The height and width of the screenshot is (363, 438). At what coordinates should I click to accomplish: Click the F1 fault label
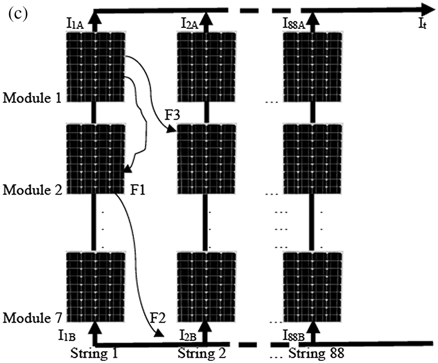point(138,190)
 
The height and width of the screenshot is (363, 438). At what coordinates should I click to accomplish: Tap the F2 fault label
point(158,318)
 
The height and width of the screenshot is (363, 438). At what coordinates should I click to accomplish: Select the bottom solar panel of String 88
point(313,286)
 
